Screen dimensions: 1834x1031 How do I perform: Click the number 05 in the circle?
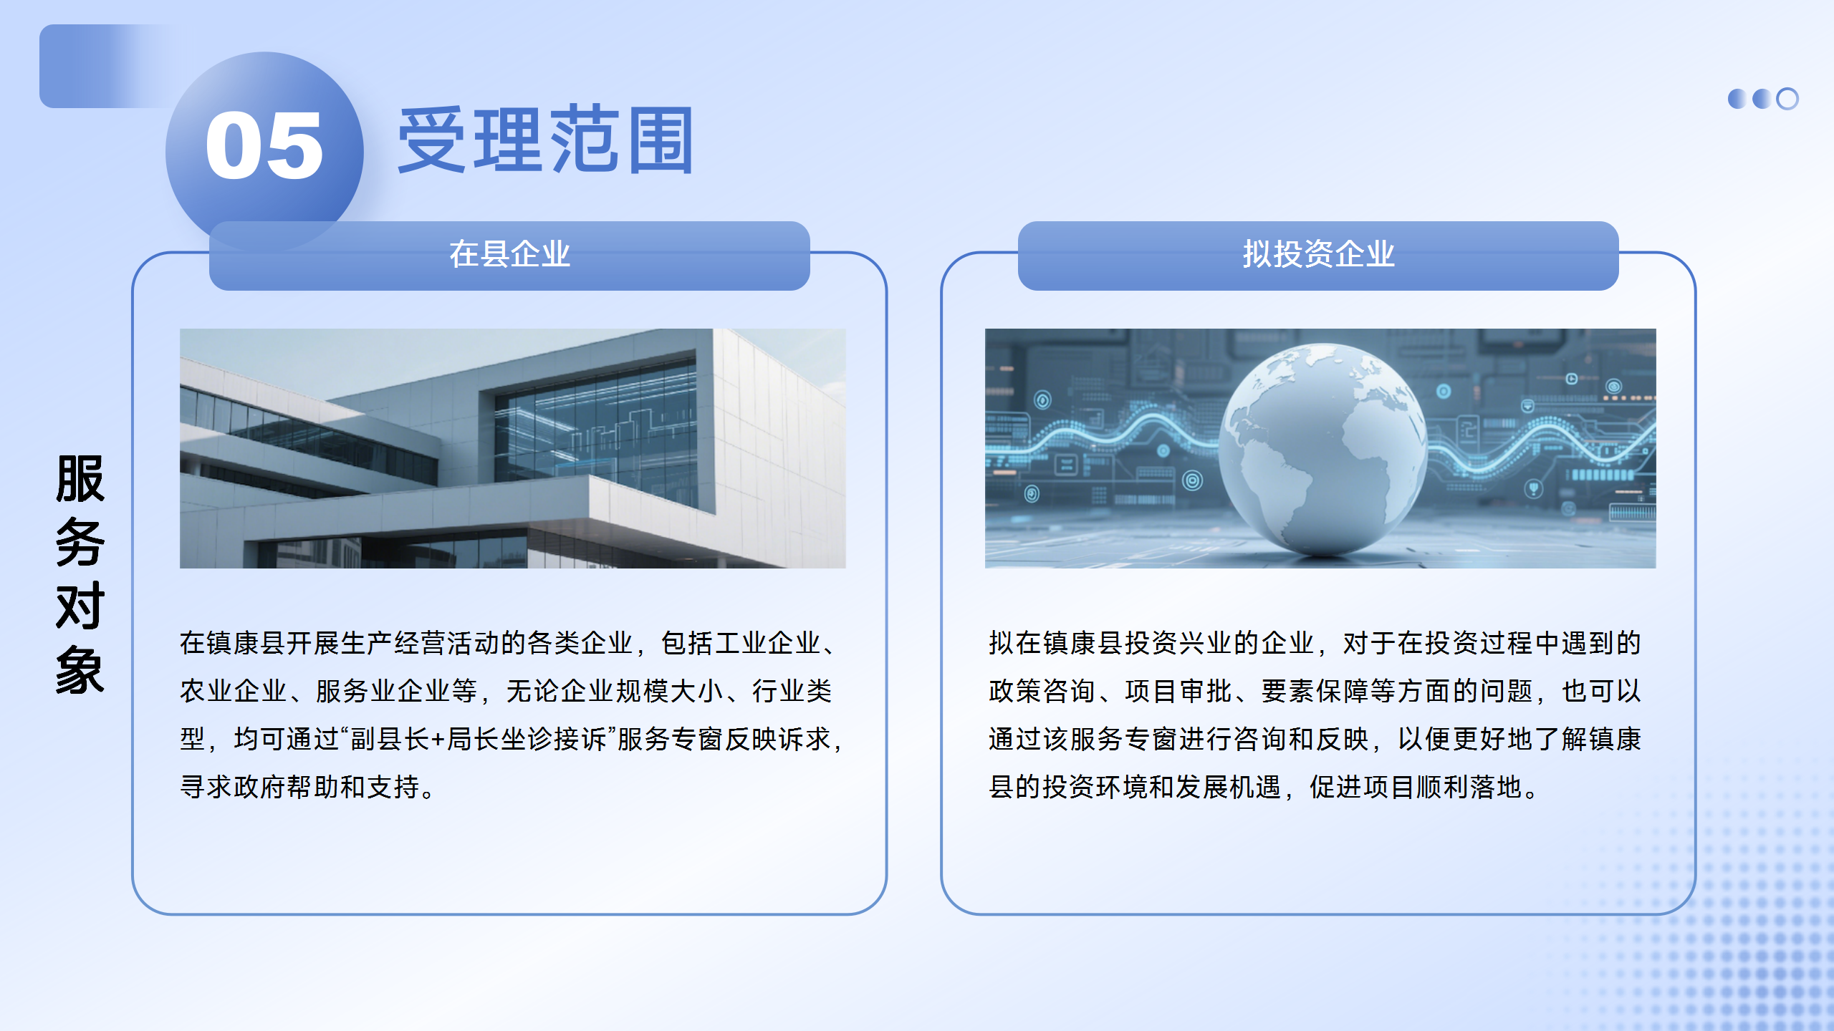pyautogui.click(x=264, y=146)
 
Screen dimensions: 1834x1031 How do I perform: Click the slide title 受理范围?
pyautogui.click(x=546, y=140)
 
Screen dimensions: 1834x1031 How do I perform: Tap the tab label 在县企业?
pyautogui.click(x=509, y=254)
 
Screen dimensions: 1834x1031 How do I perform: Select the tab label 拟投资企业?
pyautogui.click(x=1318, y=254)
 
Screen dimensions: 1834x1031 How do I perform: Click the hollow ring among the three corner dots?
pyautogui.click(x=1787, y=99)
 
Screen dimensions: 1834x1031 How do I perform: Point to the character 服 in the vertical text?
pyautogui.click(x=80, y=479)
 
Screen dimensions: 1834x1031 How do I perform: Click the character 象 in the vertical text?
pyautogui.click(x=80, y=669)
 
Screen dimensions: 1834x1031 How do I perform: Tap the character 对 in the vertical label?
pyautogui.click(x=80, y=606)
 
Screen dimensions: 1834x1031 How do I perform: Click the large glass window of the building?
pyautogui.click(x=595, y=430)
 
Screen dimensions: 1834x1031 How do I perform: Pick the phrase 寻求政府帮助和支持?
pyautogui.click(x=299, y=788)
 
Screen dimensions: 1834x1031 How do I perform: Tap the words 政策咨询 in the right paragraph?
pyautogui.click(x=1042, y=692)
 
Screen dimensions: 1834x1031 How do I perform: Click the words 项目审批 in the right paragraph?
pyautogui.click(x=1178, y=692)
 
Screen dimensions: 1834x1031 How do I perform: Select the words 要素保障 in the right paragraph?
pyautogui.click(x=1315, y=692)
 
